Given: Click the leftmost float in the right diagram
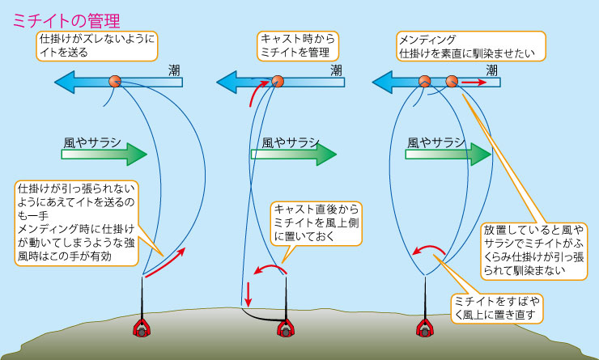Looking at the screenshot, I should click(423, 81).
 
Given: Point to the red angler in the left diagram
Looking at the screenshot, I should click(143, 328).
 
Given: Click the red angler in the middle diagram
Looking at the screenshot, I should click(284, 328).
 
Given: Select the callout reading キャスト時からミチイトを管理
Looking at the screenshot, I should click(298, 46).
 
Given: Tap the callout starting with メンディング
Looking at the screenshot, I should click(467, 46).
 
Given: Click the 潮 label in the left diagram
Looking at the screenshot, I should click(174, 70).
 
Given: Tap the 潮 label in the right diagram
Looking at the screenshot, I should click(491, 70).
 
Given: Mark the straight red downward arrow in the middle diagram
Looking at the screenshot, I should click(247, 290).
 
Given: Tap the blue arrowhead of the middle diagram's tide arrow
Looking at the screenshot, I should click(229, 81).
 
